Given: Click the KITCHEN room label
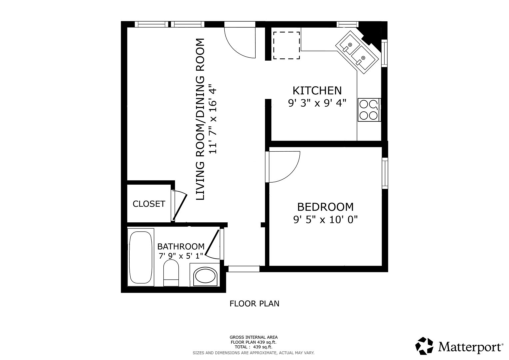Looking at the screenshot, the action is click(317, 91).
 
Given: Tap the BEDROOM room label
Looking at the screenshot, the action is click(325, 207).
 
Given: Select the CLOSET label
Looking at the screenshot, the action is click(149, 204).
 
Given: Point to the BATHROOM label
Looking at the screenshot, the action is click(181, 247).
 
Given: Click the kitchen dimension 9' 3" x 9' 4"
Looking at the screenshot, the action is click(317, 103).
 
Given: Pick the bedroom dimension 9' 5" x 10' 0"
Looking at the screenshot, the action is click(325, 220).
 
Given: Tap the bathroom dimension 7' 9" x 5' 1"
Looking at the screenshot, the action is click(181, 256).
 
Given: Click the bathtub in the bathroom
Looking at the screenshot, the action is click(140, 257).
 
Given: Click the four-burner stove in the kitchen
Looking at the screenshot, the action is click(369, 110).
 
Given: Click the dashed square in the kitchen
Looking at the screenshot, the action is click(286, 45).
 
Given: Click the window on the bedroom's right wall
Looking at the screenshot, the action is click(385, 173).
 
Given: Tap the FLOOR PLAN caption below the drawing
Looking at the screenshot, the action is click(254, 304).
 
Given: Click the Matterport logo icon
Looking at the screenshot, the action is click(424, 346).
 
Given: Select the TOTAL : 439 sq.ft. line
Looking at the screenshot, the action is click(253, 347).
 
